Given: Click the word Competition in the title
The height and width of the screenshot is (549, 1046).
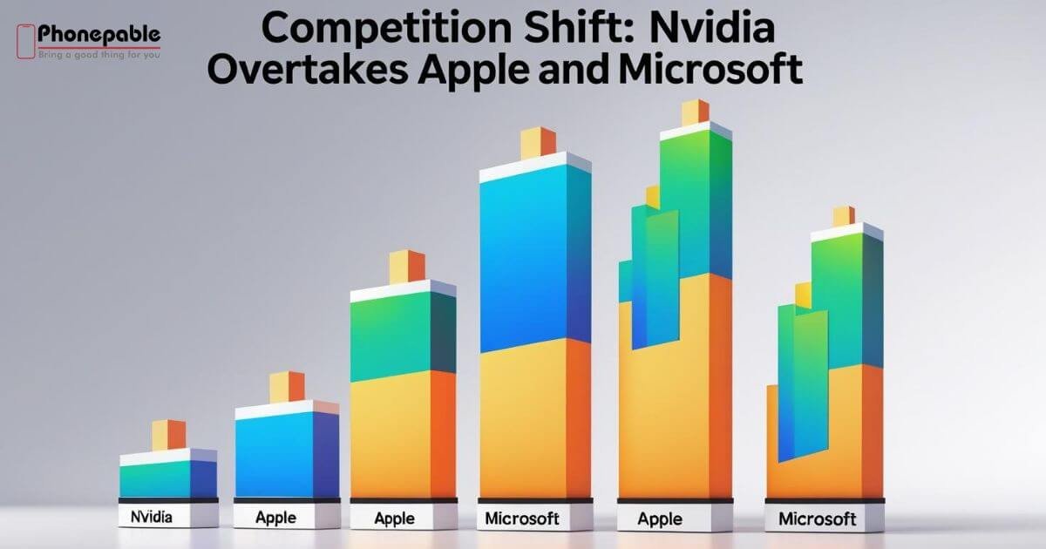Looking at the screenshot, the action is [x=387, y=28].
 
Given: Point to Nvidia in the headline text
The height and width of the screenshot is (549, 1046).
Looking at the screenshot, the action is [x=713, y=28].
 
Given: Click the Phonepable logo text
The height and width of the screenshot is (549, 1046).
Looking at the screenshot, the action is [x=99, y=35].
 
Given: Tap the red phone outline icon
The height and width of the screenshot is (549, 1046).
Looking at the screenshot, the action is [x=25, y=42].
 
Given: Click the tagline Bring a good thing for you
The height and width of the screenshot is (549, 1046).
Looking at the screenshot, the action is [x=99, y=55].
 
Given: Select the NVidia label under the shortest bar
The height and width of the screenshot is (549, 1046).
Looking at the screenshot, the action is [x=152, y=517].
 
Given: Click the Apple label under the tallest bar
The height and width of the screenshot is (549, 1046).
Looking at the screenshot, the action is [x=660, y=519].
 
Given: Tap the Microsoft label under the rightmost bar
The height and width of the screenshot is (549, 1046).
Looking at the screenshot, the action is [x=818, y=518].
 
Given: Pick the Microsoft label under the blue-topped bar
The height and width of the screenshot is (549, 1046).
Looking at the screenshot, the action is [x=521, y=518].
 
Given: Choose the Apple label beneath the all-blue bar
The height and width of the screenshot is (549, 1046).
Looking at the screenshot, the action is [x=275, y=518].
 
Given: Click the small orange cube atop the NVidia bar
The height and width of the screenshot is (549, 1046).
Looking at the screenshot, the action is [x=168, y=435].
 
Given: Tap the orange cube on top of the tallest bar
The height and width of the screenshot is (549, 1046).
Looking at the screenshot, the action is [x=695, y=112].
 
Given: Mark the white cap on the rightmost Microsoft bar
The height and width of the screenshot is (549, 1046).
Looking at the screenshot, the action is [x=846, y=232].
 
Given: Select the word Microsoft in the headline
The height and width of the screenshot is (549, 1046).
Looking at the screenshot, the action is [x=710, y=69].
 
